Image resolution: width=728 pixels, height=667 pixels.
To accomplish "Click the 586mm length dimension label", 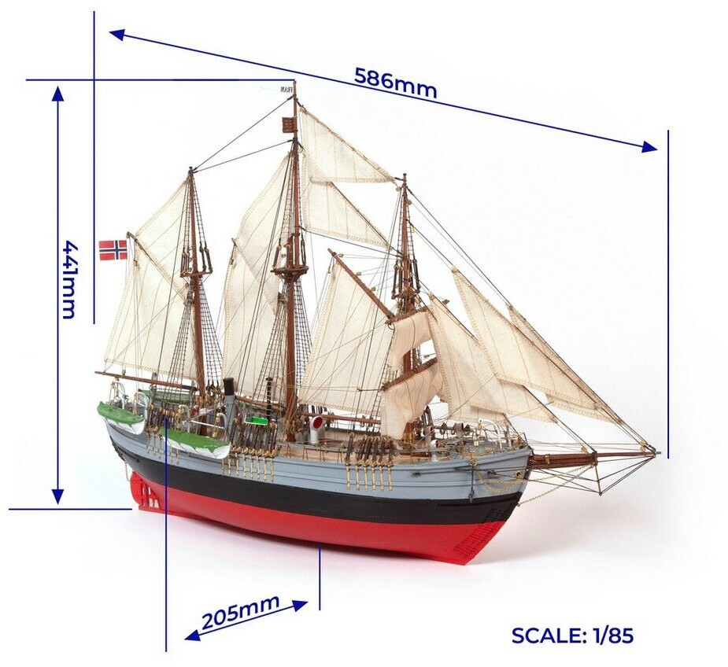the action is click(395, 83).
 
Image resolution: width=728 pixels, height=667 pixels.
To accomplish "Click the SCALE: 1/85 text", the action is click(572, 635).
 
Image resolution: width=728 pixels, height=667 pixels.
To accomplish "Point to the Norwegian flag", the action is click(113, 249).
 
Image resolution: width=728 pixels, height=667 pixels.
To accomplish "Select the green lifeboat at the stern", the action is click(120, 416).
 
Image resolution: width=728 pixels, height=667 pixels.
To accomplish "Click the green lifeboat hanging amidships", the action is click(196, 444).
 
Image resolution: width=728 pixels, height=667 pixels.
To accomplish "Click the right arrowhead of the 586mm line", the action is click(650, 147).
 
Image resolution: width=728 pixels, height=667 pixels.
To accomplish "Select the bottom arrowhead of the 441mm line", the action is click(57, 496).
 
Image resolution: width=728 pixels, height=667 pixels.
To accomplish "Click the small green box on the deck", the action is click(257, 420).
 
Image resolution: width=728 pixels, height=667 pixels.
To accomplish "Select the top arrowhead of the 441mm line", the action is click(57, 93).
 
